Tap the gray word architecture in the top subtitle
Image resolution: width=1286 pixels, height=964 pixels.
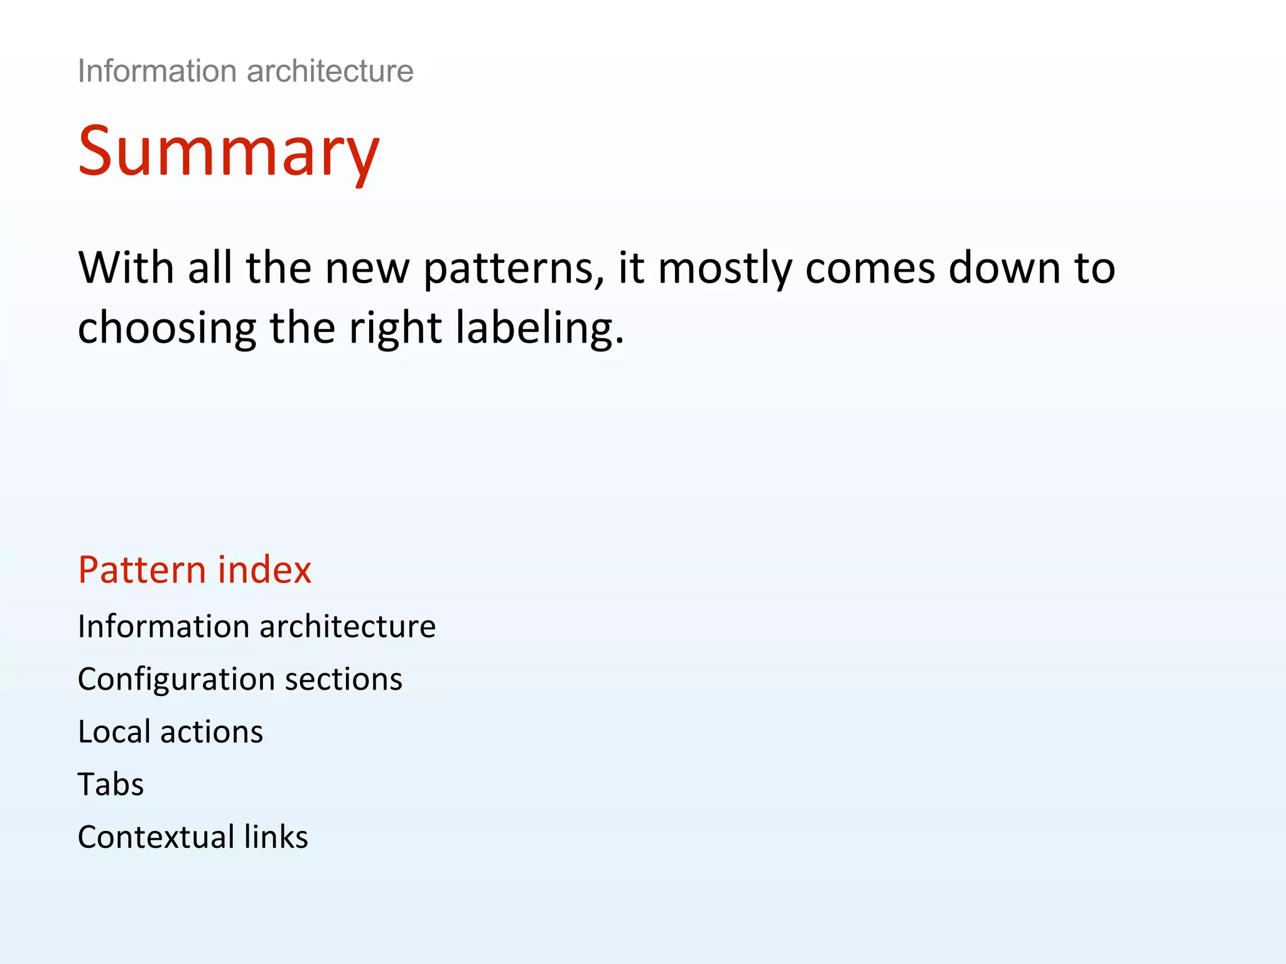click(330, 71)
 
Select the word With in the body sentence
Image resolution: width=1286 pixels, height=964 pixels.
click(126, 268)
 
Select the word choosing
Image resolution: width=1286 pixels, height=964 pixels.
click(167, 329)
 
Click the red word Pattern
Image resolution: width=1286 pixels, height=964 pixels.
click(142, 570)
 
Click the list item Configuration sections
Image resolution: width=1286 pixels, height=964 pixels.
click(240, 680)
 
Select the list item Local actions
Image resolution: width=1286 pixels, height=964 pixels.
click(170, 732)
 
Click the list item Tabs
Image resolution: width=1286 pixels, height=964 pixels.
click(111, 785)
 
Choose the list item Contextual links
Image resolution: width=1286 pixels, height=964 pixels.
click(193, 837)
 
